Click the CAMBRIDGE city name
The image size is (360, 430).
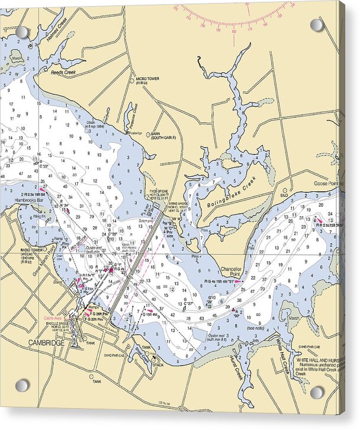pos(44,342)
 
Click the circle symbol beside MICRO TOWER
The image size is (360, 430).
pos(132,81)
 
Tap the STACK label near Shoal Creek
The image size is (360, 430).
pos(159,365)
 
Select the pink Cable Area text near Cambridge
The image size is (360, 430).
pos(54,318)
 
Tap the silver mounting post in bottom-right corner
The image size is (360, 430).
pos(317,392)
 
